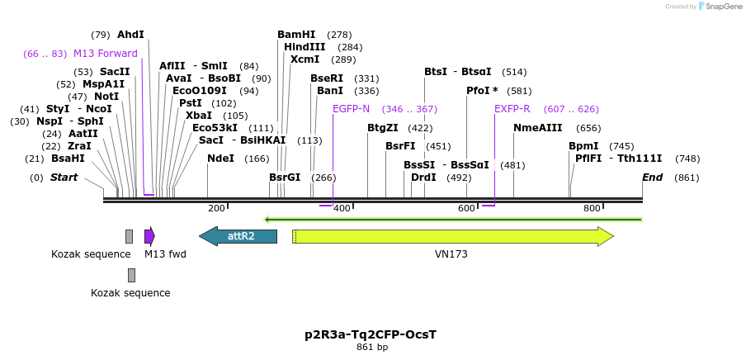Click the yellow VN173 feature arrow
452,236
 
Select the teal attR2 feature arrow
238,236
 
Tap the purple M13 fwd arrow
149,236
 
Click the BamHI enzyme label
296,35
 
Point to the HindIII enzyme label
305,47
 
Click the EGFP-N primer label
351,109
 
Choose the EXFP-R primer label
512,109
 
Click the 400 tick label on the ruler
341,209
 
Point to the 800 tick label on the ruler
592,209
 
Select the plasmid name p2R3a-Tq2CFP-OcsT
371,334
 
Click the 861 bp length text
371,348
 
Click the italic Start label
64,178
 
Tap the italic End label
652,178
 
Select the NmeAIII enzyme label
537,128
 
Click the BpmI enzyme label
583,146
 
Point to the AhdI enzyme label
130,35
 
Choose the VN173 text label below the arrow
451,254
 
